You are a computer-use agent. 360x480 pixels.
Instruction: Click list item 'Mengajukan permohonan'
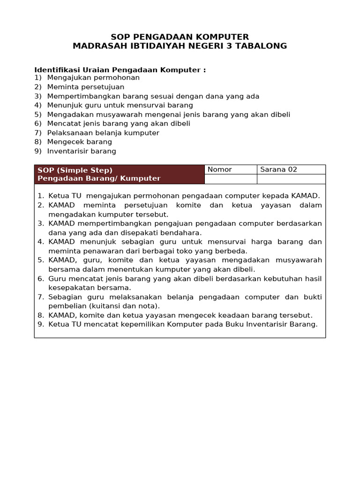click(93, 78)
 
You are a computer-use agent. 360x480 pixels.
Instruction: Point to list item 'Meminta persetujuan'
click(86, 87)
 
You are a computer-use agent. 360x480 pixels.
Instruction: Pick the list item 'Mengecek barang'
click(80, 142)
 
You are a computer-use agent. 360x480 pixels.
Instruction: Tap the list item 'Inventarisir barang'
click(82, 151)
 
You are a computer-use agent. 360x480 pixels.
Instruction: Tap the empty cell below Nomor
click(230, 179)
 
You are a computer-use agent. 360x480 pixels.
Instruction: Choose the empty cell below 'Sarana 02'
click(291, 179)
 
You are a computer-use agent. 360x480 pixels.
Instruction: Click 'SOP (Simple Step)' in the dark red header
click(75, 170)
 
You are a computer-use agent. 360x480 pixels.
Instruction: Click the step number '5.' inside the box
click(41, 260)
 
